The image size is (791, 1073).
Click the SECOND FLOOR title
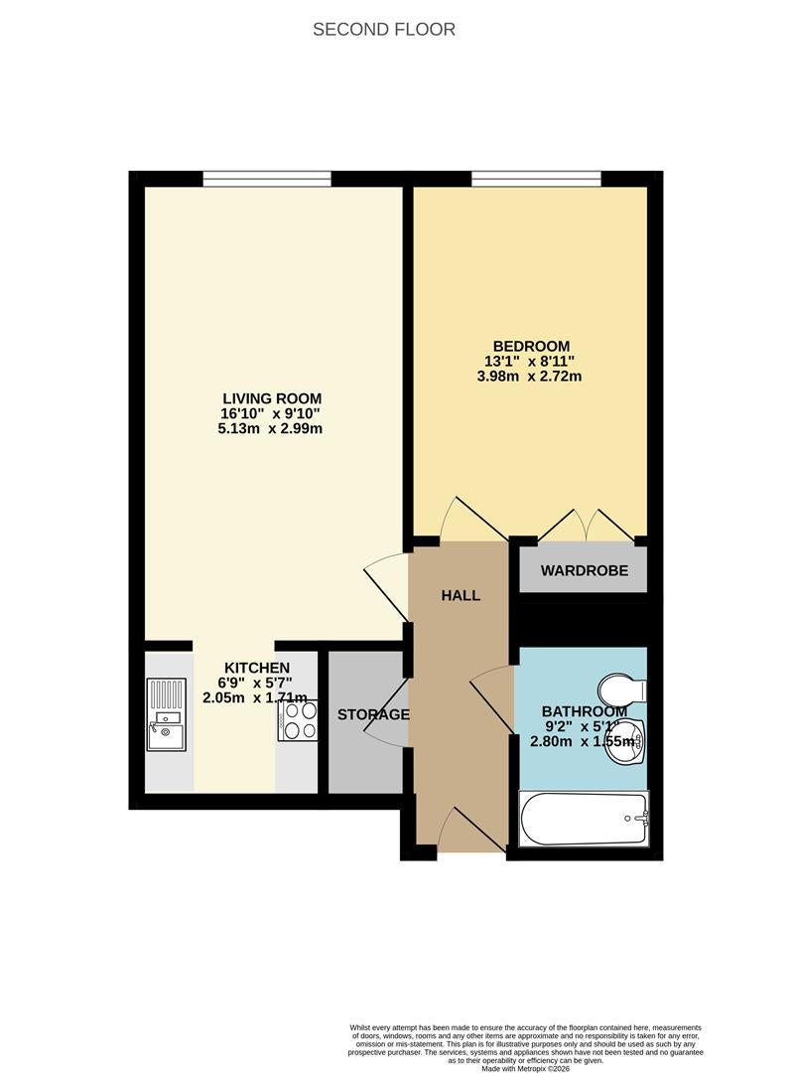(383, 30)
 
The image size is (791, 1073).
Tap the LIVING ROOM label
(272, 398)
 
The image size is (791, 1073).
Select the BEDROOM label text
(531, 347)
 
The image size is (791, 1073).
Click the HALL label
(461, 595)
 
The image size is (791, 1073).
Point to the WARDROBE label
(585, 570)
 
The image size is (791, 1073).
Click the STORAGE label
(373, 715)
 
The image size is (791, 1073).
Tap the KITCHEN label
(257, 668)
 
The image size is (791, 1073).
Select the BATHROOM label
(585, 711)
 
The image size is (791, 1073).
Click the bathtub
(584, 819)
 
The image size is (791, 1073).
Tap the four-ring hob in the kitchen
(298, 721)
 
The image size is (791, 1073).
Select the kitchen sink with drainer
(166, 713)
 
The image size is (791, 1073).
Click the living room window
(267, 179)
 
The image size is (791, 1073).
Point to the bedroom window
(536, 179)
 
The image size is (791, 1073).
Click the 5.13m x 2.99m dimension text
(270, 429)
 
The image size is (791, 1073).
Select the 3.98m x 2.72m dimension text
(529, 377)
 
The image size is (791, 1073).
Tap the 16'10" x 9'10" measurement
(270, 414)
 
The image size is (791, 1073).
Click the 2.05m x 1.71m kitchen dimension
(255, 698)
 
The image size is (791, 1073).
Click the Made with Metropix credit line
(526, 1068)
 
